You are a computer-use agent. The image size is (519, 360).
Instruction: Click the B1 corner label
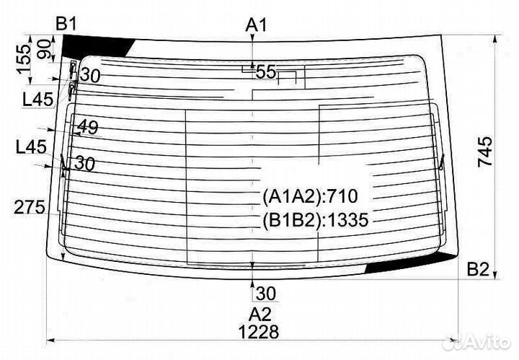point(67,24)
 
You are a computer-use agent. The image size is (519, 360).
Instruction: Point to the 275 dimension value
point(30,208)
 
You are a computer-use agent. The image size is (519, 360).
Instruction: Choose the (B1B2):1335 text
point(315,220)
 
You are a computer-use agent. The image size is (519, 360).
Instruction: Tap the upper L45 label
point(38,100)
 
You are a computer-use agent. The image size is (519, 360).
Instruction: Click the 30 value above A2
point(265,293)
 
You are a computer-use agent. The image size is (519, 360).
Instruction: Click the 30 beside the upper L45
point(90,74)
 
